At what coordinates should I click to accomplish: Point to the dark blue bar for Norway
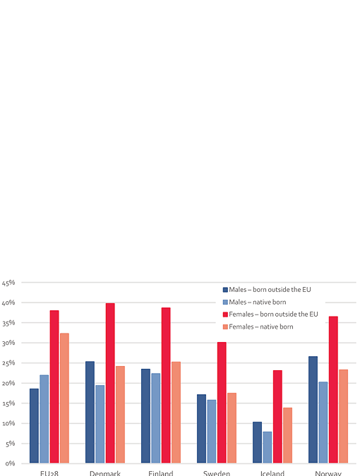coord(313,410)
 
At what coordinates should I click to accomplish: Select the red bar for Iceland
coord(277,417)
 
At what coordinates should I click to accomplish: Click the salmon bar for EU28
coord(64,398)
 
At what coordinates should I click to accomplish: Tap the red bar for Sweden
coord(222,403)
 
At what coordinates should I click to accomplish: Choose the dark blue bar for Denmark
coord(90,412)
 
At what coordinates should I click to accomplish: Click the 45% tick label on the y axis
coord(8,283)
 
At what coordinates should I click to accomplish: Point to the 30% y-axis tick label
coord(8,343)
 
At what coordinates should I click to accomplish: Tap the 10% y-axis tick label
coord(8,424)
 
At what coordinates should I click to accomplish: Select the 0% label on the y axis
coord(11,463)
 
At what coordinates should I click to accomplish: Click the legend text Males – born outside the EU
coord(270,290)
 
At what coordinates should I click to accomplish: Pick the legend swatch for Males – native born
coord(225,302)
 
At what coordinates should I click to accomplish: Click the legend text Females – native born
coord(261,327)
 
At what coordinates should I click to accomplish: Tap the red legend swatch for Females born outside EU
coord(225,315)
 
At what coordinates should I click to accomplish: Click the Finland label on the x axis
coord(161,472)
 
